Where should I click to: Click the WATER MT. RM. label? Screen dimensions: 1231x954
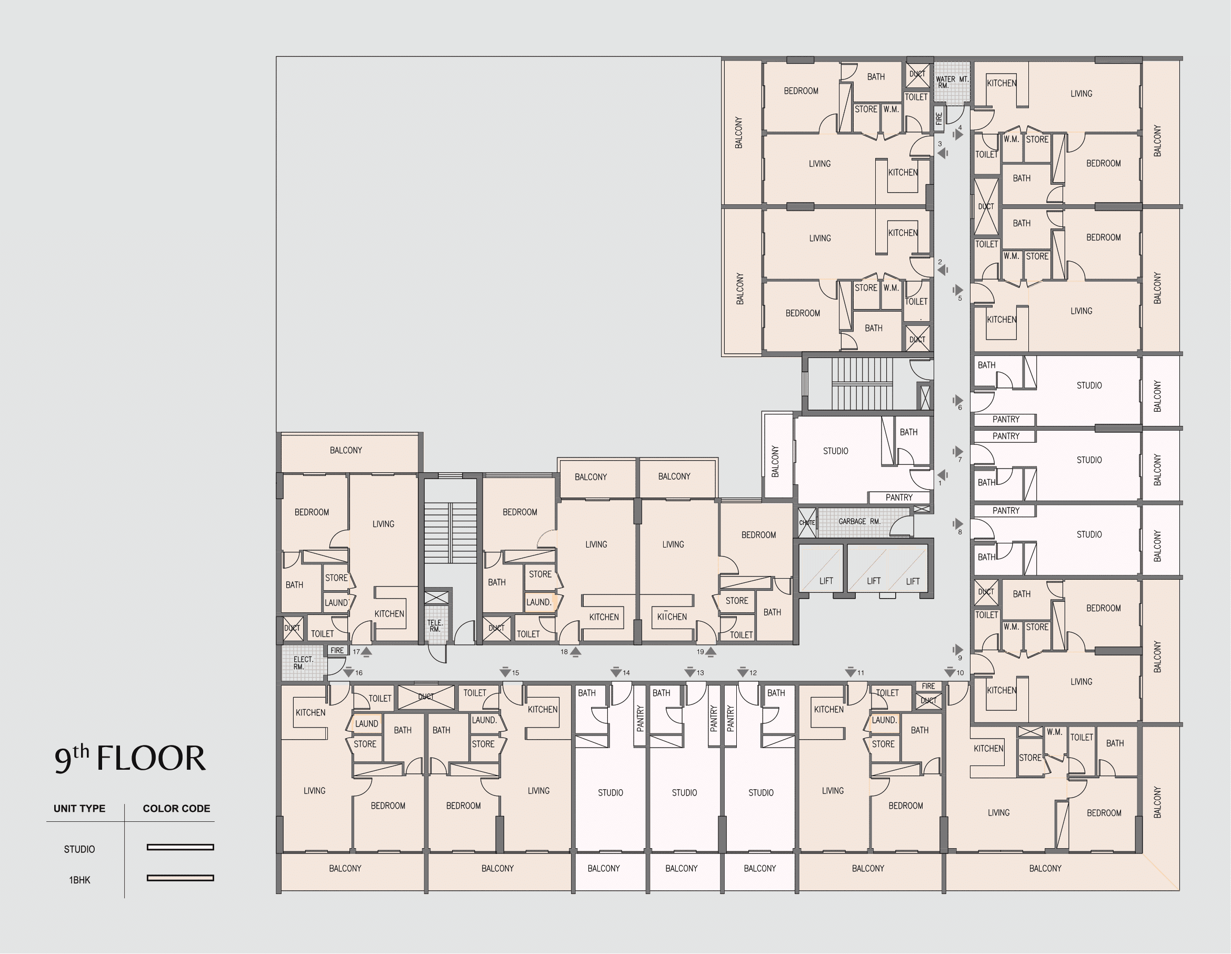(x=952, y=82)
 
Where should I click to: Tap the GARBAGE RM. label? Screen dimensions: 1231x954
(x=859, y=522)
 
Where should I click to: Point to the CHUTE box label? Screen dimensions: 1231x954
(x=807, y=523)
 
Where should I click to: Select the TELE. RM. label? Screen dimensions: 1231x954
(x=435, y=626)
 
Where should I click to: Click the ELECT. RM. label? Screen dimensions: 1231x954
(x=303, y=663)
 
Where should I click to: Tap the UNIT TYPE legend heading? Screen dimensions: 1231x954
(x=79, y=809)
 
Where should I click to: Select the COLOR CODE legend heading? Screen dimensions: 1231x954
(x=176, y=809)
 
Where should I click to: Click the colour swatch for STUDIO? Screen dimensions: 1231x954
(x=181, y=847)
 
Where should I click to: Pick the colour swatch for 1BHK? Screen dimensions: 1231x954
(x=181, y=878)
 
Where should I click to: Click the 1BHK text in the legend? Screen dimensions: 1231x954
(x=79, y=880)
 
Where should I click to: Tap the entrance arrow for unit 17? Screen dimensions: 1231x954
(x=366, y=652)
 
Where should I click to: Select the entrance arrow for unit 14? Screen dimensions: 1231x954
(x=616, y=672)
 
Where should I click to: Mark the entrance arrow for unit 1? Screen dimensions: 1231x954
(x=943, y=475)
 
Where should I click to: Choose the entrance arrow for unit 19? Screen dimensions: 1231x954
(x=710, y=652)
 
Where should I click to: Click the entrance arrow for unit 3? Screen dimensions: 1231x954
(x=943, y=153)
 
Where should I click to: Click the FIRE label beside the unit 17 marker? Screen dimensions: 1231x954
(x=337, y=651)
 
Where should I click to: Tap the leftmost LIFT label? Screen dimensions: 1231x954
(x=826, y=581)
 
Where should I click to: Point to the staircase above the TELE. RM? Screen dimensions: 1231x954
(x=450, y=532)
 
